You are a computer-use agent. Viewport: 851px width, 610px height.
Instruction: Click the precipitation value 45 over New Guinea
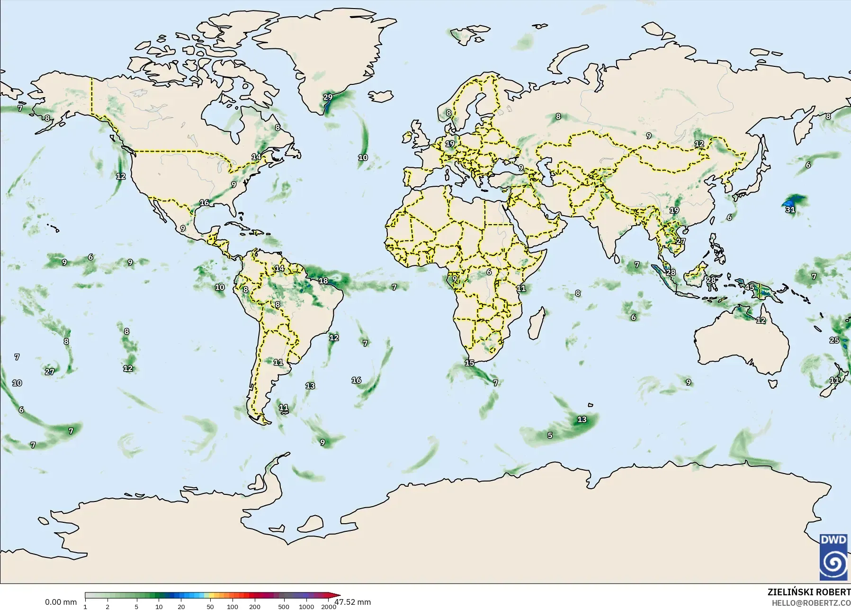coord(750,288)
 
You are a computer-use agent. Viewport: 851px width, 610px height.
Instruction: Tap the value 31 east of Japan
coord(790,209)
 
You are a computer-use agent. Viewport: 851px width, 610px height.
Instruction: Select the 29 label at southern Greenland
coord(328,98)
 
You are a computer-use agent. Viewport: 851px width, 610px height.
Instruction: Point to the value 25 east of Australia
coord(834,340)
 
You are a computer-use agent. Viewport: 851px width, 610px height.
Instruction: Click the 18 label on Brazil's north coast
coord(323,281)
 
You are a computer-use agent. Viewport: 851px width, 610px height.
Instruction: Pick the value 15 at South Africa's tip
coord(469,363)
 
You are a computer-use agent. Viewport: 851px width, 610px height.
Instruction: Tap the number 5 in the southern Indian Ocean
coord(550,435)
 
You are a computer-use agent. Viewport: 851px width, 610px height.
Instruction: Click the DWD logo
coord(834,557)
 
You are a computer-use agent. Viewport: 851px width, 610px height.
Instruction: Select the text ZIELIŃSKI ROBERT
coord(809,592)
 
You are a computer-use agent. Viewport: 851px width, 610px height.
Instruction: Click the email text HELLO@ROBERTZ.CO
coord(811,603)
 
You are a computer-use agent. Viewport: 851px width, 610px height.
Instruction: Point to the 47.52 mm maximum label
coord(353,602)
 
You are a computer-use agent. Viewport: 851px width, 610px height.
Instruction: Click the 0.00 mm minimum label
coord(61,602)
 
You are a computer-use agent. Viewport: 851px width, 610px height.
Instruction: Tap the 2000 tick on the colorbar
coord(329,607)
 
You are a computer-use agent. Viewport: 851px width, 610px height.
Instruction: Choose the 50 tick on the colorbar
coord(210,607)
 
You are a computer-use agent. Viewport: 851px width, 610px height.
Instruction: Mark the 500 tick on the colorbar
coord(284,607)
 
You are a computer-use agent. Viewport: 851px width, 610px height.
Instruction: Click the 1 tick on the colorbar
coord(85,607)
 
